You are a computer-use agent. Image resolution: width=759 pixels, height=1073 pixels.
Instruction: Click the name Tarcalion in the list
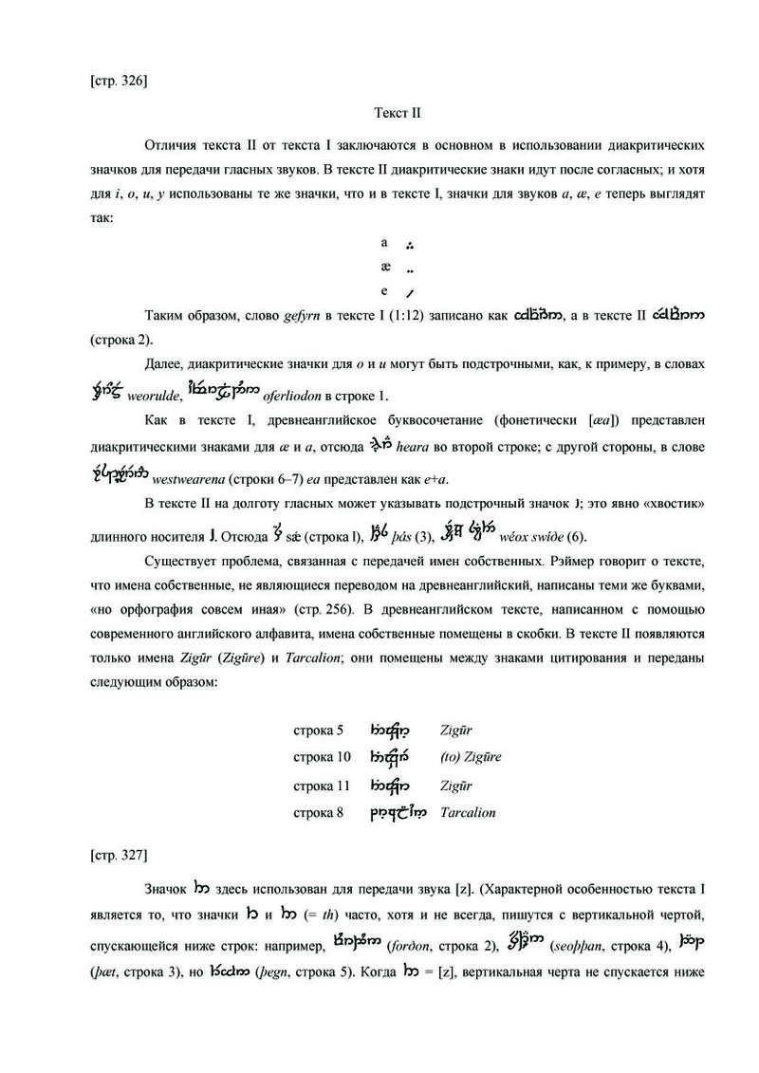coord(468,812)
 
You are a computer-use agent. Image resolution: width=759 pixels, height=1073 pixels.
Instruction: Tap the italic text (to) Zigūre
coord(471,757)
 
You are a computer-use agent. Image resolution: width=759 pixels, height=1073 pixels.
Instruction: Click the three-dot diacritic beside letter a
coord(409,244)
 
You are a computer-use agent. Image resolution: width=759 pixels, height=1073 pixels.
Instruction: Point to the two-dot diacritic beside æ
coord(409,268)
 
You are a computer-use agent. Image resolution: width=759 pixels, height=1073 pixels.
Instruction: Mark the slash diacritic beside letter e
coord(409,290)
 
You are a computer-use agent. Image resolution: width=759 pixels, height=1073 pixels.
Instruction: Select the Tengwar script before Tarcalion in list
coord(398,812)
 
